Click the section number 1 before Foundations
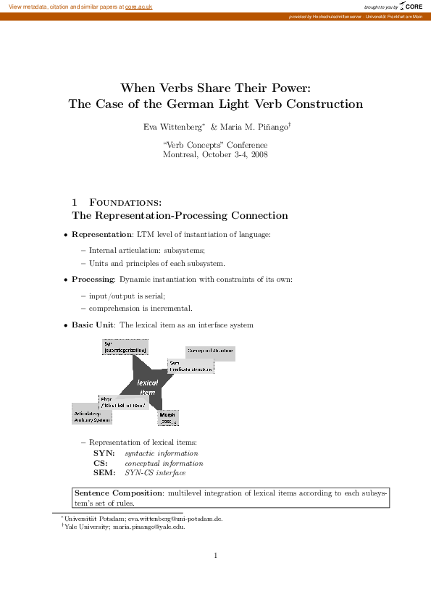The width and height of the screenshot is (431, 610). pyautogui.click(x=75, y=201)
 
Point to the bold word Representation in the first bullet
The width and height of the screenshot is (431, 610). pyautogui.click(x=101, y=235)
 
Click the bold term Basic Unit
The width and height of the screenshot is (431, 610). pyautogui.click(x=92, y=325)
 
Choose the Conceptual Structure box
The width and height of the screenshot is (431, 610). pyautogui.click(x=210, y=352)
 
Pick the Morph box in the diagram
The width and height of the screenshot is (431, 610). pyautogui.click(x=168, y=417)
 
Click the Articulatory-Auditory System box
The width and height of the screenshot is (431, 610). pyautogui.click(x=92, y=415)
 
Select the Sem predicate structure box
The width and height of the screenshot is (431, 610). pyautogui.click(x=191, y=366)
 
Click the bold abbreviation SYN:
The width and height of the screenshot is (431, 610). pyautogui.click(x=104, y=453)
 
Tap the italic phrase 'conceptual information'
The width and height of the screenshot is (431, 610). pyautogui.click(x=164, y=463)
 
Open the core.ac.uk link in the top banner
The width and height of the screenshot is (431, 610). pyautogui.click(x=139, y=6)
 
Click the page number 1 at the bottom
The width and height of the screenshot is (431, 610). pyautogui.click(x=216, y=556)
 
